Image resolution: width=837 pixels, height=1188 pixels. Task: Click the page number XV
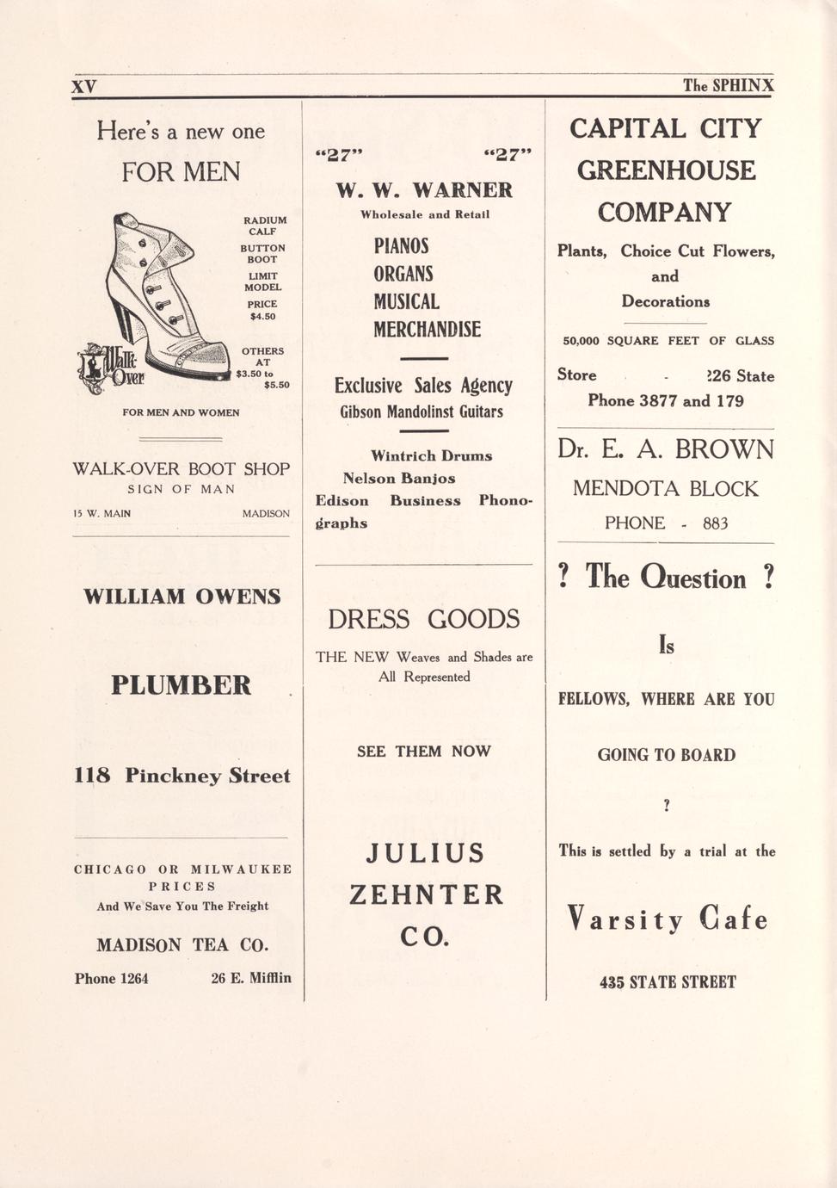coord(83,86)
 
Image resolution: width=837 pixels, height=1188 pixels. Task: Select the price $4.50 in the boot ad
coord(262,316)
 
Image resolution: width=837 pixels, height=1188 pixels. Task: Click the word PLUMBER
coord(181,685)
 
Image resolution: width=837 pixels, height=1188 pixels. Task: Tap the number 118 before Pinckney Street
coord(92,776)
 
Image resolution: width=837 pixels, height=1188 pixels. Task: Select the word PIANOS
coord(401,246)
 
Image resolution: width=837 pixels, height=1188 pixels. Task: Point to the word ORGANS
coord(403,274)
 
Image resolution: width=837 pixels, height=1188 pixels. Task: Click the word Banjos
coord(428,479)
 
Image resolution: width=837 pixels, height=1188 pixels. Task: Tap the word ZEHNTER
coord(426,894)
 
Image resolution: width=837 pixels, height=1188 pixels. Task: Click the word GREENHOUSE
coord(666,170)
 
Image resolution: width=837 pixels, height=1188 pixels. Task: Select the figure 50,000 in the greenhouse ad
coord(581,341)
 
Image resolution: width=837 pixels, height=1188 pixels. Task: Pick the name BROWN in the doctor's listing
coord(724,449)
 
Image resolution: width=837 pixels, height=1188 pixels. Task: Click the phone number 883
coord(715,523)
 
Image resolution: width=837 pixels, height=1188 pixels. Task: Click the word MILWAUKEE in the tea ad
coord(241,869)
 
